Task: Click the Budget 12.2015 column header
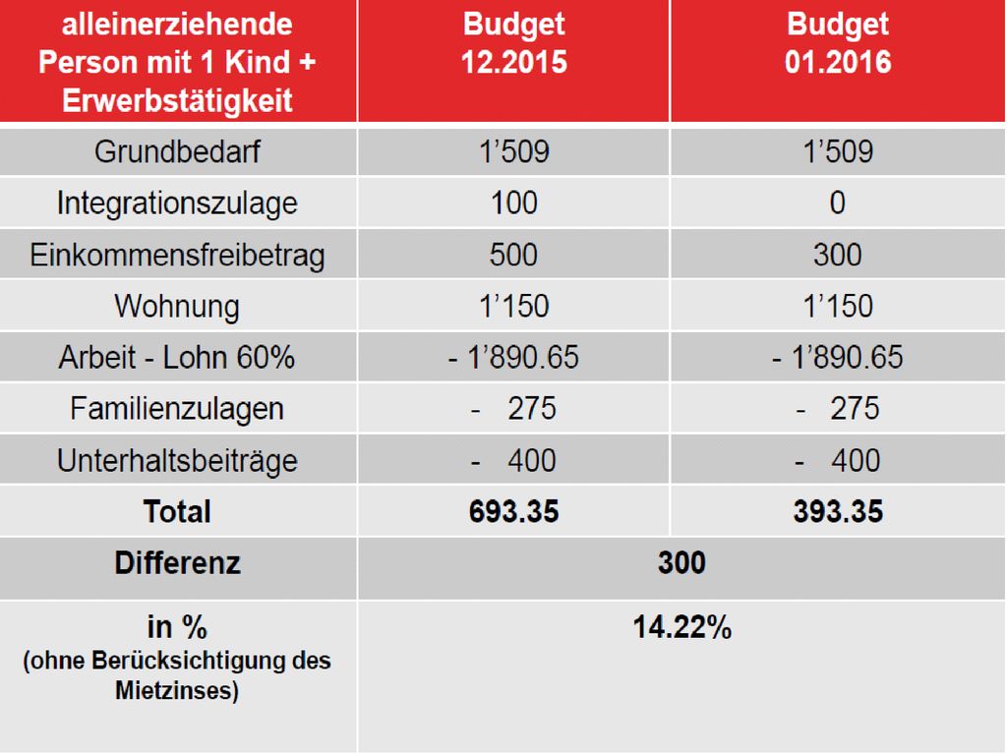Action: click(513, 43)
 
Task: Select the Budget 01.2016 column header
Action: click(838, 43)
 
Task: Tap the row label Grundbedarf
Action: click(177, 152)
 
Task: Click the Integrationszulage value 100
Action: click(513, 203)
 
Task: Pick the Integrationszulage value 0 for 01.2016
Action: click(838, 203)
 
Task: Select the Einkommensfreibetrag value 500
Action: click(513, 255)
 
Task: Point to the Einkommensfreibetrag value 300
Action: click(838, 255)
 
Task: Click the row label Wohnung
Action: click(177, 307)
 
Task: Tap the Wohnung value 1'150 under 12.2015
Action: click(513, 306)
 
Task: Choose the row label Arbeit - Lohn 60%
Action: click(177, 357)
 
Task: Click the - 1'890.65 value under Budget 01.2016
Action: click(838, 357)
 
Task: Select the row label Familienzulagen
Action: click(177, 410)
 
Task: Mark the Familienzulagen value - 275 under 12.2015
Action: click(513, 408)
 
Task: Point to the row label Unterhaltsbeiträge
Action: click(177, 461)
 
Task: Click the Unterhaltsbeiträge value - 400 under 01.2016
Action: click(838, 460)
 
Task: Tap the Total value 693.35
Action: click(513, 511)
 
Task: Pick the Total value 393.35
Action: click(838, 511)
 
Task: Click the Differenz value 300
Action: click(681, 563)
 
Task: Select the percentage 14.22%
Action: click(681, 627)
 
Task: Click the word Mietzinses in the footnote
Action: click(177, 691)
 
